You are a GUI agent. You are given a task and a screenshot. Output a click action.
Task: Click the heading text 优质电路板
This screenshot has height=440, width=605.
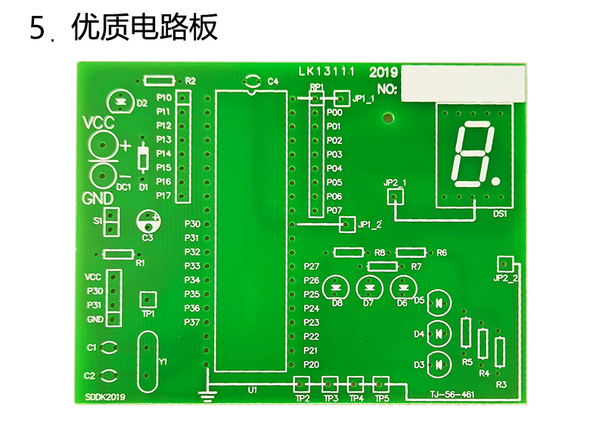(x=144, y=26)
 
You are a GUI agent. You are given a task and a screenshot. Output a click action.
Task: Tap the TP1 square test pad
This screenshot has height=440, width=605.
(x=148, y=299)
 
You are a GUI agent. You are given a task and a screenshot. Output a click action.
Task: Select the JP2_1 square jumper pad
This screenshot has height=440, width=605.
(x=395, y=197)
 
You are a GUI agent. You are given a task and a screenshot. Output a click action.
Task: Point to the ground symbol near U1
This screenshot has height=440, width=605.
(x=208, y=393)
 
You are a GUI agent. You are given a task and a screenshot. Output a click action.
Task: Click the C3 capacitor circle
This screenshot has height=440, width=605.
(x=148, y=222)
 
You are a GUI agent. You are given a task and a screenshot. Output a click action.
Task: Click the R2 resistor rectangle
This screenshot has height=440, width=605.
(x=159, y=81)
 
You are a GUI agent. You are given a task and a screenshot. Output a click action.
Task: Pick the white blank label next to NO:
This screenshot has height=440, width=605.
(x=463, y=83)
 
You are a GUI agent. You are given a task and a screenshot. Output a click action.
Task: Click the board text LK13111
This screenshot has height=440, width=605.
(x=327, y=72)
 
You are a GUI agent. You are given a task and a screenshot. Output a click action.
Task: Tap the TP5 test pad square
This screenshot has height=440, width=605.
(x=381, y=384)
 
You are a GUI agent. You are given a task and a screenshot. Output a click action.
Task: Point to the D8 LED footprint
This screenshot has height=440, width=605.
(x=336, y=288)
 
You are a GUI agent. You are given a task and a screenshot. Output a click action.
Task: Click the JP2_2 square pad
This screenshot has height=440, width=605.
(x=505, y=264)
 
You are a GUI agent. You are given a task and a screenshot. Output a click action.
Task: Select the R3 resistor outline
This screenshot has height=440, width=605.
(x=500, y=352)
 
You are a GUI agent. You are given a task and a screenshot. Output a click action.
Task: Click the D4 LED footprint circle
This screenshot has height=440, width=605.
(x=440, y=333)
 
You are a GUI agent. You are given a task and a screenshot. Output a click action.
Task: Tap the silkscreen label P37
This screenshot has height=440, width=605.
(x=192, y=322)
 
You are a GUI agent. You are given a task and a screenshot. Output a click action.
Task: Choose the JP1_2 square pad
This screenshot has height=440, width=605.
(x=347, y=224)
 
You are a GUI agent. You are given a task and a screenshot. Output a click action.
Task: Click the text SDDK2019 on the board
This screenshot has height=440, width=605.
(x=105, y=397)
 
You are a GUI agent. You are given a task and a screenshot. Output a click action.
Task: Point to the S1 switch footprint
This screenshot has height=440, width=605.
(x=111, y=222)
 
